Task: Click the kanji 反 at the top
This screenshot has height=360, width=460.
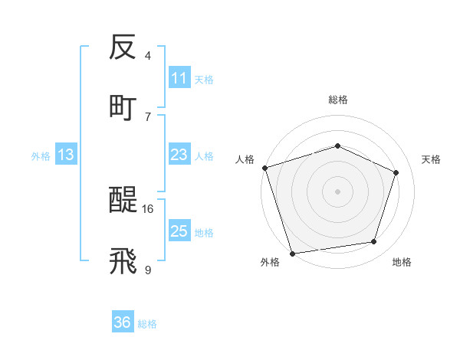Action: tap(123, 48)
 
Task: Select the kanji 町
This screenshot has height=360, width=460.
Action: tap(123, 108)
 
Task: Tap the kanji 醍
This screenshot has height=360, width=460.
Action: tap(123, 201)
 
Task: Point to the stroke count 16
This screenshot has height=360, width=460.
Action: tap(148, 208)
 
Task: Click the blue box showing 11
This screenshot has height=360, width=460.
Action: tap(179, 78)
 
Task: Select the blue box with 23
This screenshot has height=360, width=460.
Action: tap(179, 155)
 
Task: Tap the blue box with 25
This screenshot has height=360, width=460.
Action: tap(179, 231)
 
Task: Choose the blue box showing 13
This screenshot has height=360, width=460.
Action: tap(66, 155)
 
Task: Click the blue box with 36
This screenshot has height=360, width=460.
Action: tap(122, 322)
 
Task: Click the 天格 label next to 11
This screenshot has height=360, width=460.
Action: tap(204, 79)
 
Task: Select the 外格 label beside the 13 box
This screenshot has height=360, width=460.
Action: tap(41, 155)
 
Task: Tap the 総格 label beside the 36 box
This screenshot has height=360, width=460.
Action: tap(147, 323)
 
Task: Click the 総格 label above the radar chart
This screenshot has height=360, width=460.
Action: tap(338, 100)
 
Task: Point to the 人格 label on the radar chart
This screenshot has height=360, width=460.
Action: tap(245, 159)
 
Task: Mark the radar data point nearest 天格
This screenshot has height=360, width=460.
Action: tap(396, 172)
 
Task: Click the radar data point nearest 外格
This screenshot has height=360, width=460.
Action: tap(292, 253)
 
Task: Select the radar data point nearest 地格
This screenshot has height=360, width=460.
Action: tap(374, 241)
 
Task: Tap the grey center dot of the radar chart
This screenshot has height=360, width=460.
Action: tap(337, 191)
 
